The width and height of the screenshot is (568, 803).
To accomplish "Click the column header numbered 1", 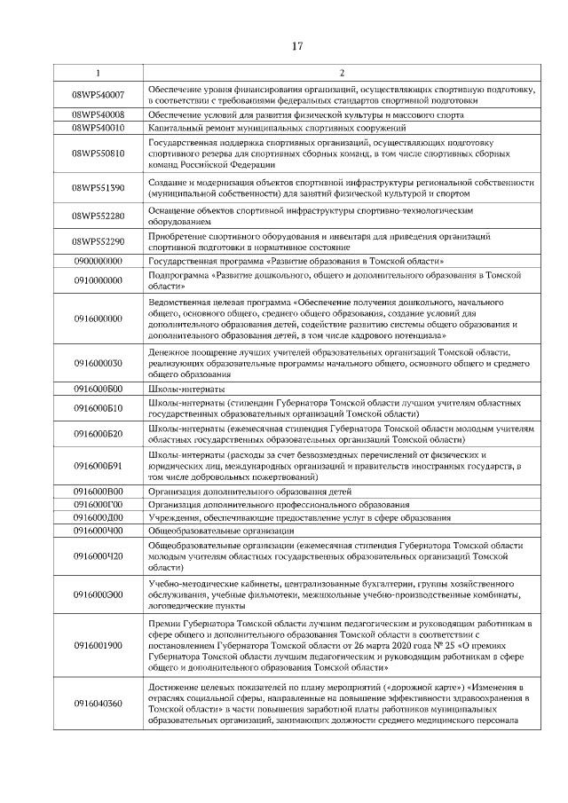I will click(98, 72).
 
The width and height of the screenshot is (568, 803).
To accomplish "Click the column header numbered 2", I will click(342, 72).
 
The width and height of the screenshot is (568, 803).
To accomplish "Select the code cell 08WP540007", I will click(98, 95).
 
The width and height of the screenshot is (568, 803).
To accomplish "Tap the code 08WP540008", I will click(98, 114).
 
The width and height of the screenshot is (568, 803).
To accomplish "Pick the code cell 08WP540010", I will click(98, 127).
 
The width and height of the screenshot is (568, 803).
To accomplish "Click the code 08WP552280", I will click(98, 216).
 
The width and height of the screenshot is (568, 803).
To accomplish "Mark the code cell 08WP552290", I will click(98, 242).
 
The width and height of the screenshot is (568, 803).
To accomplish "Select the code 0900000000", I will click(98, 262).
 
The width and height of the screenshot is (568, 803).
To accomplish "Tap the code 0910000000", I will click(98, 280).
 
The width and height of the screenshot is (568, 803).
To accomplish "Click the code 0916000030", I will click(98, 363).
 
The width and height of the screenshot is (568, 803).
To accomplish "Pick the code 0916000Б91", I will click(98, 466).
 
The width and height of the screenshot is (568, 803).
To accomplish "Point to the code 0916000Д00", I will click(98, 517).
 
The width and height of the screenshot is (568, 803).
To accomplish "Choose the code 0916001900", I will click(98, 646).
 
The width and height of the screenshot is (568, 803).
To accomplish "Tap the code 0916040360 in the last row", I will click(98, 704).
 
